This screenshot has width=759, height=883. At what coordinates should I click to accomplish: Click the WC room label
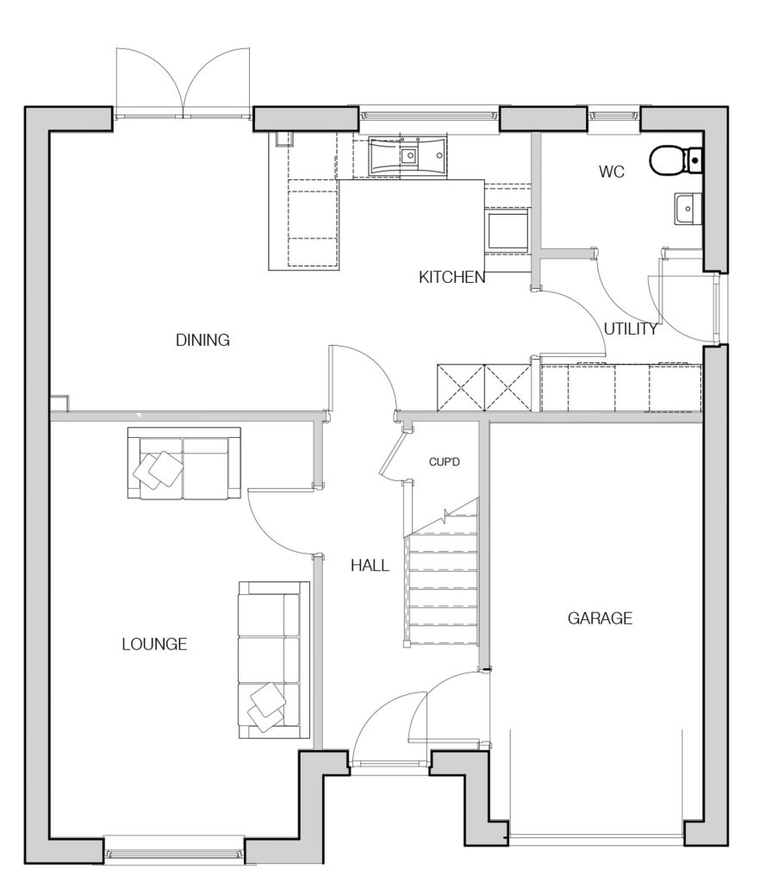click(612, 172)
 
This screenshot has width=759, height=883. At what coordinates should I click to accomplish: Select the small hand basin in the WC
click(688, 209)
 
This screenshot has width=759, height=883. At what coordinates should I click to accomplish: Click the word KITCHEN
click(451, 277)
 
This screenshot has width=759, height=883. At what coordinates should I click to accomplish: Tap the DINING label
click(202, 340)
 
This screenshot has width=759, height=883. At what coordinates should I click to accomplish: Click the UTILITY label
click(631, 329)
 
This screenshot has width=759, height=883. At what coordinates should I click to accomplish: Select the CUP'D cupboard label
click(444, 462)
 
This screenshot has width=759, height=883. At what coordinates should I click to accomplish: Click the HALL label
click(370, 566)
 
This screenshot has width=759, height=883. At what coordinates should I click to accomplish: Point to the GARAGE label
click(600, 618)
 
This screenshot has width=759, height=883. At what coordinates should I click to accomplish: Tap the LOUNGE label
click(155, 644)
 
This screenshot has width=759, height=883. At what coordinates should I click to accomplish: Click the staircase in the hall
click(442, 574)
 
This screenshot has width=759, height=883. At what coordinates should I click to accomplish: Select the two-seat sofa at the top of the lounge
click(184, 463)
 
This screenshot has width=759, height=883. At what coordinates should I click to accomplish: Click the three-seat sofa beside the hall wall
click(274, 660)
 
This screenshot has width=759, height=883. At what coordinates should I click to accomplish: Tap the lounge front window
click(174, 855)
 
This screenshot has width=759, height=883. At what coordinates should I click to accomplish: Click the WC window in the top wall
click(614, 116)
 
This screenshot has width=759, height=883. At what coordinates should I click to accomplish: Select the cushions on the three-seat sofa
click(266, 707)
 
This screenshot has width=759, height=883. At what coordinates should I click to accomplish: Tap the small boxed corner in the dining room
click(59, 404)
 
